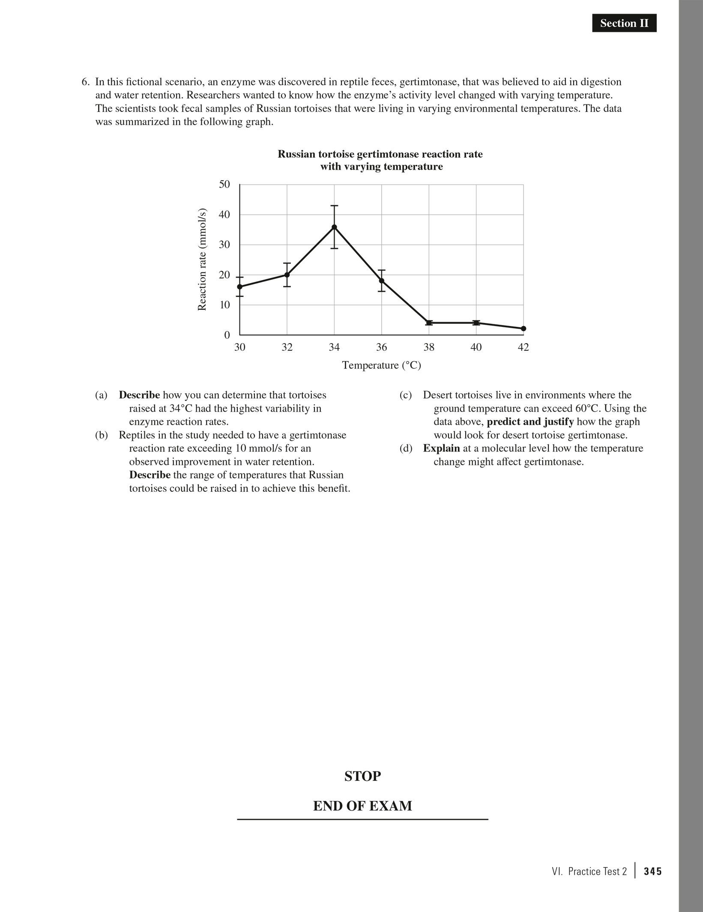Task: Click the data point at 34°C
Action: coord(334,227)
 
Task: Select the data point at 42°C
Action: coord(523,329)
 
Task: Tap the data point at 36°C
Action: coord(382,281)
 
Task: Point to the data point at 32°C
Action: coord(287,275)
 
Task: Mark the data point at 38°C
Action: coord(429,323)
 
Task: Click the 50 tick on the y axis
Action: coord(224,185)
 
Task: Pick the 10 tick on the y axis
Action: coord(224,305)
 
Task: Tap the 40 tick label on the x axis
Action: coord(476,347)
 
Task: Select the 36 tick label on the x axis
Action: coord(381,347)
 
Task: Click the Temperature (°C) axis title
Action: coord(381,365)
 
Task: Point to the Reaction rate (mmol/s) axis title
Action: coord(202,260)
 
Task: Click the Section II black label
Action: coord(624,23)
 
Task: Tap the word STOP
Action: coord(362,776)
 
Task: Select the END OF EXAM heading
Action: coord(362,806)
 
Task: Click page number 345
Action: coord(653,871)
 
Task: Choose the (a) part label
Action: coord(101,395)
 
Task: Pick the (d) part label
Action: coord(405,449)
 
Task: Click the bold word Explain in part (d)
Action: coord(441,449)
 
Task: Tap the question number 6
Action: coord(86,82)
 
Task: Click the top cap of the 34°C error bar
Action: coord(334,206)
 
